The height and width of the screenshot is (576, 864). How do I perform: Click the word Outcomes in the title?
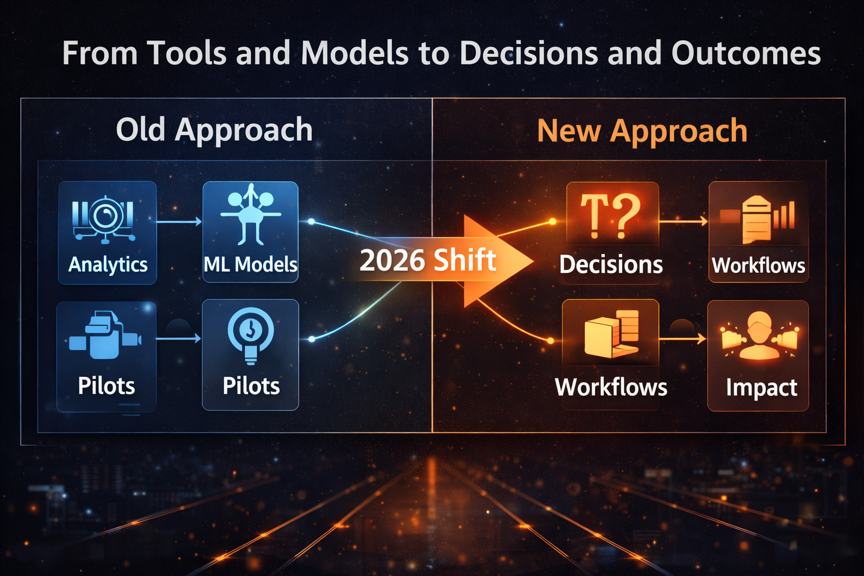pyautogui.click(x=745, y=54)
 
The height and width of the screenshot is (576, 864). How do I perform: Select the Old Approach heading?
pyautogui.click(x=214, y=130)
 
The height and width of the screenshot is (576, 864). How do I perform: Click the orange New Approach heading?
pyautogui.click(x=642, y=131)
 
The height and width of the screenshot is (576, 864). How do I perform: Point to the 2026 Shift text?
pyautogui.click(x=427, y=261)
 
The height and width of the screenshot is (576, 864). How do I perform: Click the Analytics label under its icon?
pyautogui.click(x=108, y=264)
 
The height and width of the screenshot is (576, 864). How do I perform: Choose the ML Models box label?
pyautogui.click(x=250, y=264)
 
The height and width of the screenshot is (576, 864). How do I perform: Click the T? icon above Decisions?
pyautogui.click(x=610, y=215)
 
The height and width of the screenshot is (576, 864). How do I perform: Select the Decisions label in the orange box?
pyautogui.click(x=611, y=264)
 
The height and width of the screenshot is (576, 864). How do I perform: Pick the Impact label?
pyautogui.click(x=761, y=388)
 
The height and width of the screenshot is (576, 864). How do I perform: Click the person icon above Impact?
pyautogui.click(x=759, y=336)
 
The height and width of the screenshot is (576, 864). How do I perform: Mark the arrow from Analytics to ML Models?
pyautogui.click(x=179, y=222)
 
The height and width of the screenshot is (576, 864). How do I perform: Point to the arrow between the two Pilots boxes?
pyautogui.click(x=179, y=339)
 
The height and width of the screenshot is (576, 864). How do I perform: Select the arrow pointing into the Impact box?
pyautogui.click(x=683, y=339)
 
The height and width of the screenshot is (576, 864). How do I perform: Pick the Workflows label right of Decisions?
pyautogui.click(x=758, y=265)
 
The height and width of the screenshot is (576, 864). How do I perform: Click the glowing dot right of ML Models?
pyautogui.click(x=311, y=222)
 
